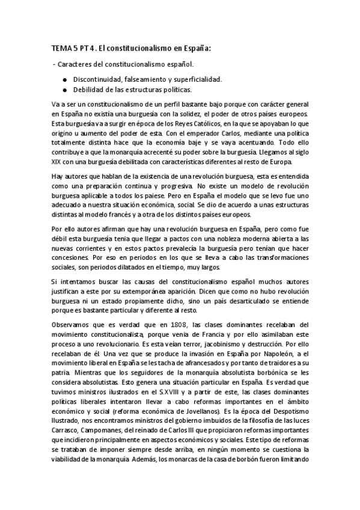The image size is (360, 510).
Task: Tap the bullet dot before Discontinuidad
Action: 64,79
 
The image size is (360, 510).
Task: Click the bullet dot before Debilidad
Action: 64,90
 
